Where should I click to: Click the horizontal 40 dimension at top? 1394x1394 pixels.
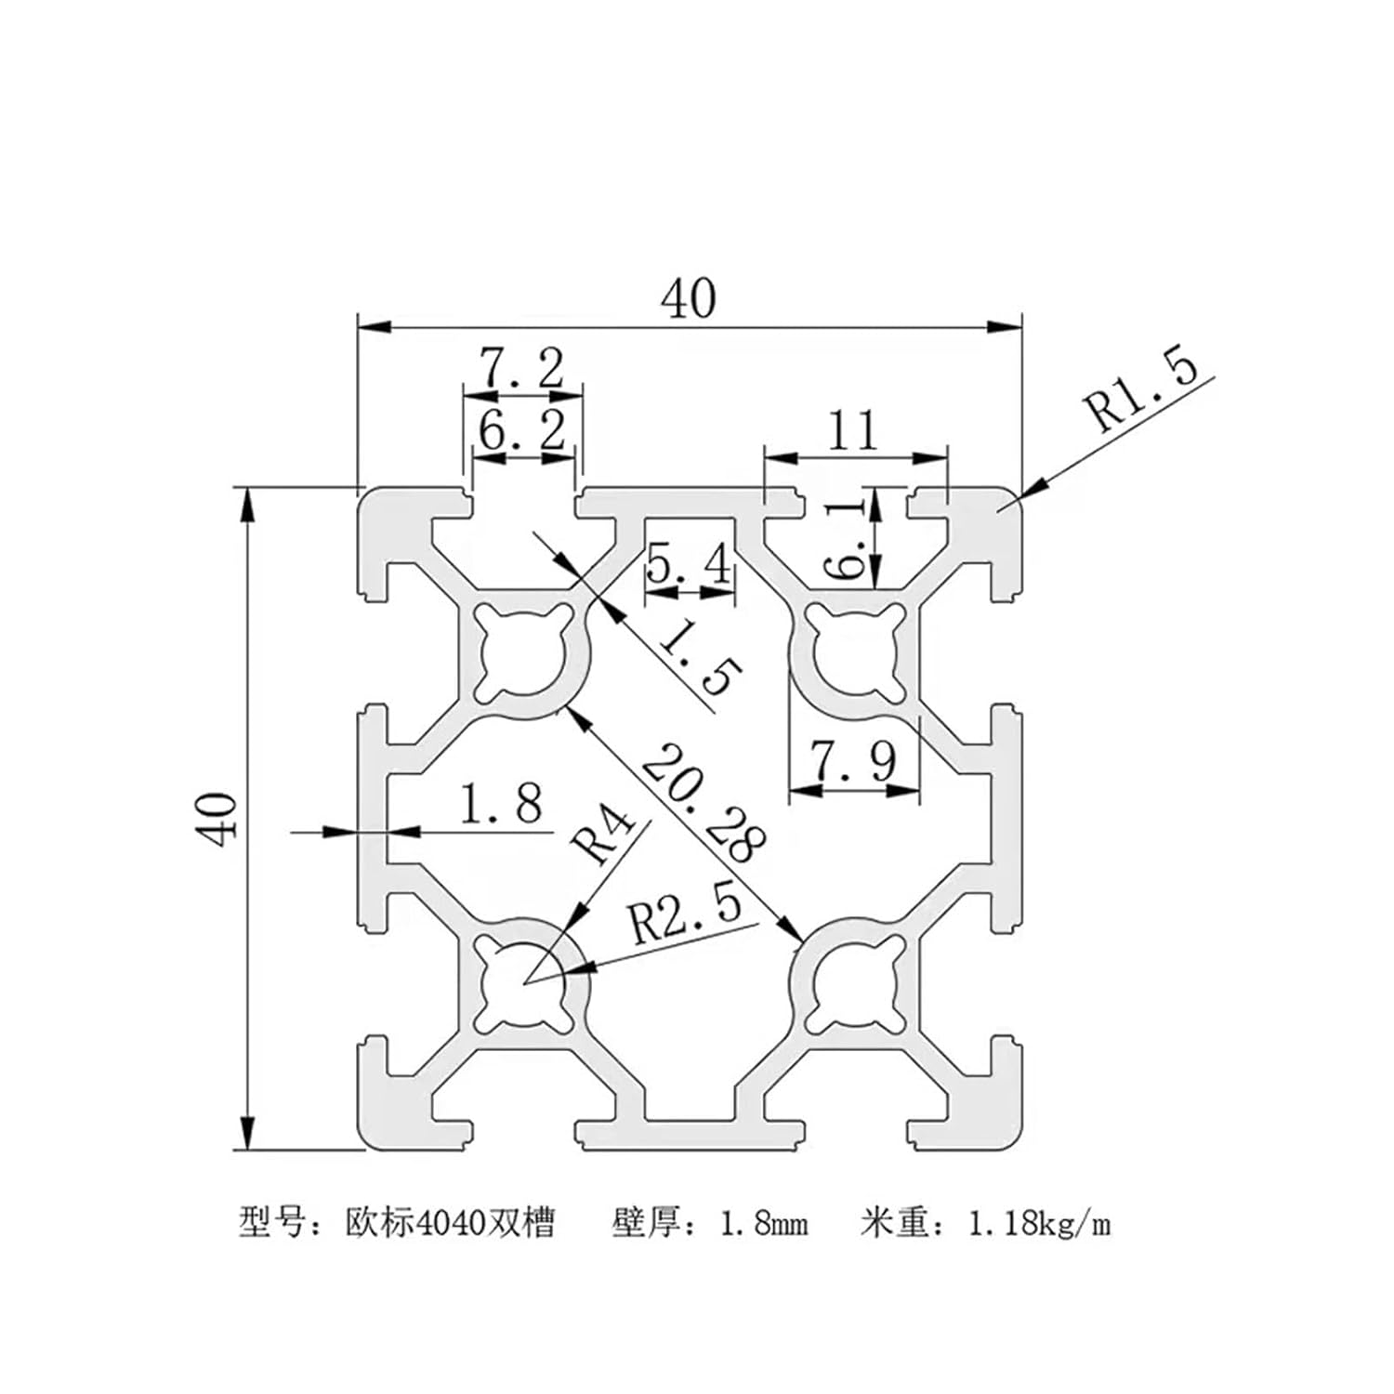(x=689, y=298)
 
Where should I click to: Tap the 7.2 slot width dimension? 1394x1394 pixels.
(x=521, y=369)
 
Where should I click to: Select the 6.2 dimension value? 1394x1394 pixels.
(x=521, y=431)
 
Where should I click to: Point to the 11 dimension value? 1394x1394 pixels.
(x=853, y=430)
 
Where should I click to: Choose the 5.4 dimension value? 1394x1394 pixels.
(x=690, y=564)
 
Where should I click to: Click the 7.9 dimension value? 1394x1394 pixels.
(x=854, y=761)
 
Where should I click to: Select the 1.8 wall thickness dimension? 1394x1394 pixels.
(x=501, y=804)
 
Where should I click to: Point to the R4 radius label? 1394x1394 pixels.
(x=603, y=835)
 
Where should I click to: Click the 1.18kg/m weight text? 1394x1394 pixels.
(x=1039, y=1224)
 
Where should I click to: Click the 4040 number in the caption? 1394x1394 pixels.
(x=451, y=1224)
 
